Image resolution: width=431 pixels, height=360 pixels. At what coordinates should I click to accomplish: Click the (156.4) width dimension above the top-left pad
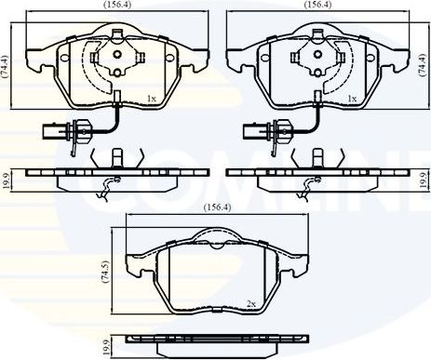(116, 6)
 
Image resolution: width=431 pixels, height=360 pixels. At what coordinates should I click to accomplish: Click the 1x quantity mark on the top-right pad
(352, 98)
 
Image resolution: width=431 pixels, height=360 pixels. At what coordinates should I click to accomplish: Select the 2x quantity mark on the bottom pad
(251, 304)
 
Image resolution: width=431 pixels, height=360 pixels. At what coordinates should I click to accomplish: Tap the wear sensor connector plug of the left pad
(52, 130)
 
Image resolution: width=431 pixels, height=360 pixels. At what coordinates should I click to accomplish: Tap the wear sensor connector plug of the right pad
(256, 130)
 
